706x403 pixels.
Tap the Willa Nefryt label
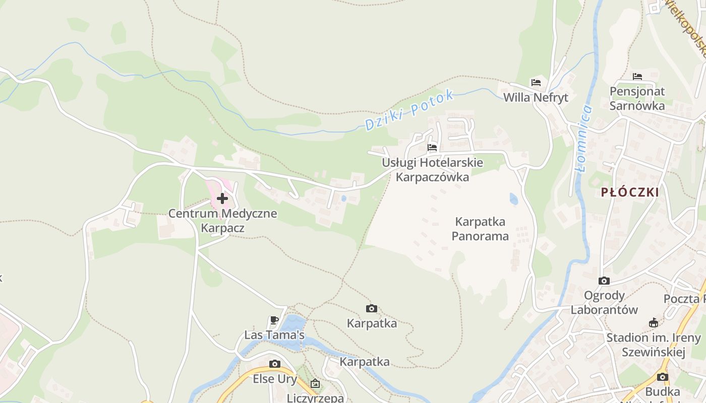pyautogui.click(x=536, y=97)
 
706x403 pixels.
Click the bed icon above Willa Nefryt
pyautogui.click(x=536, y=82)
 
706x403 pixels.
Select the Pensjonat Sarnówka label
pyautogui.click(x=637, y=99)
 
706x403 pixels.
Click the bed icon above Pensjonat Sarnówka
pyautogui.click(x=637, y=77)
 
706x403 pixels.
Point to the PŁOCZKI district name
pyautogui.click(x=630, y=192)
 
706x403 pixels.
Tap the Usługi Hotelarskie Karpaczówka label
pyautogui.click(x=432, y=170)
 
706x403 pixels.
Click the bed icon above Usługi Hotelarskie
pyautogui.click(x=432, y=148)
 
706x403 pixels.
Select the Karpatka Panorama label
pyautogui.click(x=480, y=229)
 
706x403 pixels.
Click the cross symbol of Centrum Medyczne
pyautogui.click(x=222, y=198)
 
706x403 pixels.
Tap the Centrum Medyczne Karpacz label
pyautogui.click(x=222, y=220)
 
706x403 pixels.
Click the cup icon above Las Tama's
pyautogui.click(x=274, y=320)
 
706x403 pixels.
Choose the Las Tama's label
pyautogui.click(x=274, y=335)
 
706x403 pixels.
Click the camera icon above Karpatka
pyautogui.click(x=372, y=308)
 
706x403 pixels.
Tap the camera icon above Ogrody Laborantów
pyautogui.click(x=604, y=281)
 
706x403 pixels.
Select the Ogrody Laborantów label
pyautogui.click(x=604, y=302)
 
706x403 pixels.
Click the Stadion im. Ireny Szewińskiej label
pyautogui.click(x=654, y=345)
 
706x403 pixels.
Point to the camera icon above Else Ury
pyautogui.click(x=274, y=364)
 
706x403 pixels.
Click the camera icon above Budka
pyautogui.click(x=663, y=377)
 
